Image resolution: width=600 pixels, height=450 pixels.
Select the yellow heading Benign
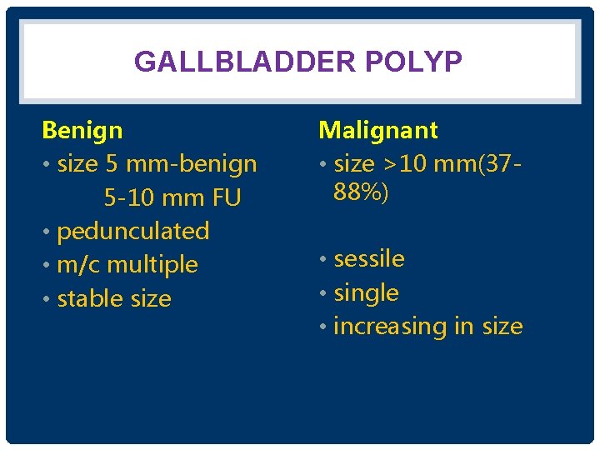click(82, 130)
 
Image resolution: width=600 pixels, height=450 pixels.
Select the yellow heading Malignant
click(377, 130)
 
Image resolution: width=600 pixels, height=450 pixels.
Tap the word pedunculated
click(132, 231)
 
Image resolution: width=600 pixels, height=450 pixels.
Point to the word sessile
click(368, 259)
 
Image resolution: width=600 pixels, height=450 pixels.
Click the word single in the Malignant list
click(366, 293)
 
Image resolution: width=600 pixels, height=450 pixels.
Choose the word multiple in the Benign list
click(152, 265)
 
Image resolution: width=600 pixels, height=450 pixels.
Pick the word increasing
click(390, 327)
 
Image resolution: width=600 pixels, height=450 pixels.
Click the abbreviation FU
click(226, 198)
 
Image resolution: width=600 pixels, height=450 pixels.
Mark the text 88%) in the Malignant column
click(361, 192)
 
